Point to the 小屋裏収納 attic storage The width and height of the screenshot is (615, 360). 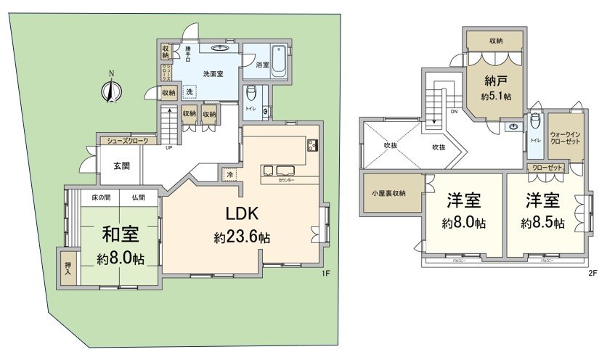[393, 193]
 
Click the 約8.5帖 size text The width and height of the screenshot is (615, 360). [542, 224]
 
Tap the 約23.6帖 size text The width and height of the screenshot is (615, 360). [242, 237]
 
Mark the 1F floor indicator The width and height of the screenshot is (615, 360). [326, 274]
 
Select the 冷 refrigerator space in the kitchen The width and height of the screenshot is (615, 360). [230, 175]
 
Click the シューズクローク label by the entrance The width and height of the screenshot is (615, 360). [127, 141]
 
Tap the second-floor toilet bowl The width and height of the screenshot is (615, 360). [534, 121]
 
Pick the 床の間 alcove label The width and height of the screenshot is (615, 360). [100, 197]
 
